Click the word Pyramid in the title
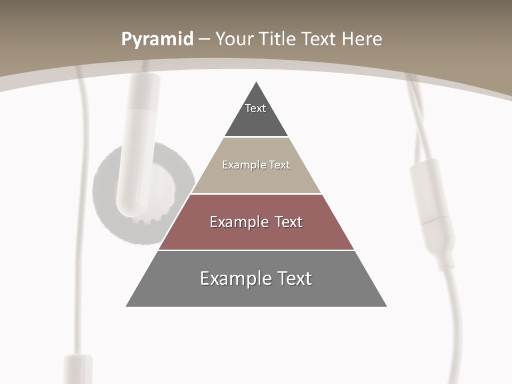point(157,39)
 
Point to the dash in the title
point(204,39)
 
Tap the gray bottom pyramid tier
point(256,293)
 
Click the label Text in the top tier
point(255,108)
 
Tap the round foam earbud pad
point(107,203)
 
